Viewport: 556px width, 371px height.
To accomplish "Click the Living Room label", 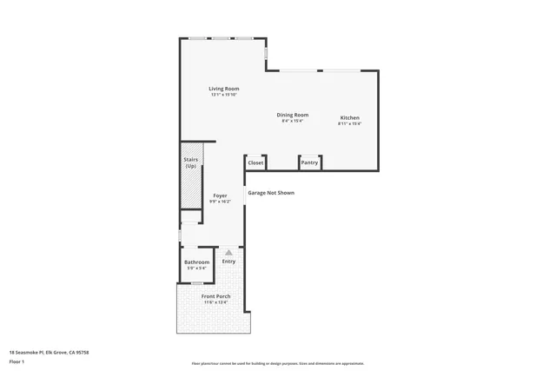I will pyautogui.click(x=223, y=89).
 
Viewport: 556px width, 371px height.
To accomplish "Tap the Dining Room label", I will pyautogui.click(x=292, y=115).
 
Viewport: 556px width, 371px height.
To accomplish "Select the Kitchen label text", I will pyautogui.click(x=349, y=118).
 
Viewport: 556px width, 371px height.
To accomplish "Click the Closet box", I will pyautogui.click(x=255, y=162).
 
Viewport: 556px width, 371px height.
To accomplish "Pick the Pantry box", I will pyautogui.click(x=309, y=162).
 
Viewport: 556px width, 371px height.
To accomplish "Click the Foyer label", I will pyautogui.click(x=220, y=195).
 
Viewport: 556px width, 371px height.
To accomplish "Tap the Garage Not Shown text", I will pyautogui.click(x=271, y=193).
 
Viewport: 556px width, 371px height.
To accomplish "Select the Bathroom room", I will pyautogui.click(x=196, y=264).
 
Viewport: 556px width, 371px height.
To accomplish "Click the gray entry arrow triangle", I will pyautogui.click(x=228, y=253).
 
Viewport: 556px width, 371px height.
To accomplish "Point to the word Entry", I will pyautogui.click(x=228, y=262).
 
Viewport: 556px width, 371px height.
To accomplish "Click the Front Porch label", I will pyautogui.click(x=215, y=296).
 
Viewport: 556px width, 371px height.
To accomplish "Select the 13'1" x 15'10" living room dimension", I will pyautogui.click(x=223, y=95).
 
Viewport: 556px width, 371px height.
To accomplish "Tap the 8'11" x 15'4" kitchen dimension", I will pyautogui.click(x=349, y=123).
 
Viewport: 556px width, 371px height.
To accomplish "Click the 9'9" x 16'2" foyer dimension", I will pyautogui.click(x=220, y=202).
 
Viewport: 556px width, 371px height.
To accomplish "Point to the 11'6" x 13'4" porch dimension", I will pyautogui.click(x=215, y=302).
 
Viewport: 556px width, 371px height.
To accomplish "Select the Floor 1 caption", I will pyautogui.click(x=17, y=361).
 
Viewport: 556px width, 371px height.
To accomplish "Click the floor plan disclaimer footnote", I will pyautogui.click(x=277, y=364).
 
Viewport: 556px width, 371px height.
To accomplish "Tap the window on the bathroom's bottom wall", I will pyautogui.click(x=197, y=283).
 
